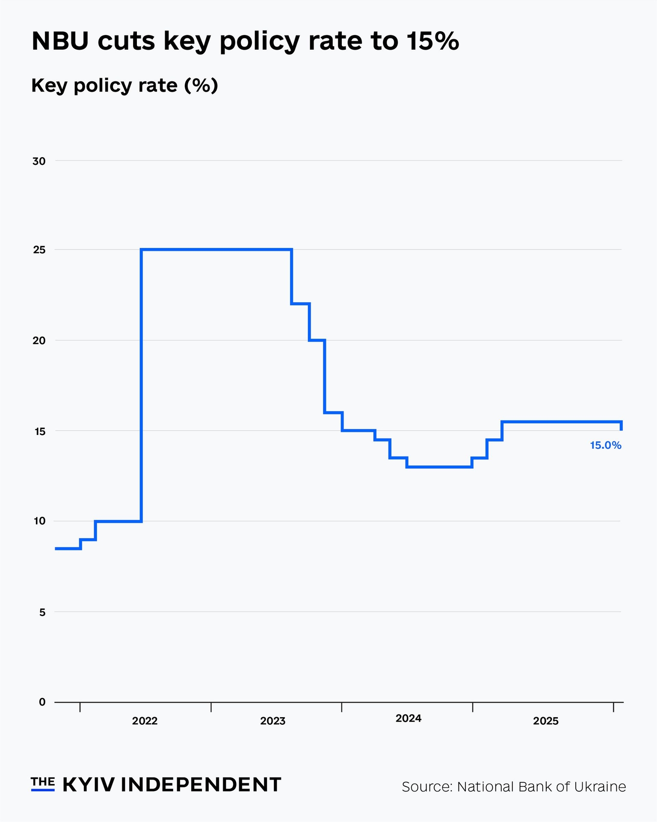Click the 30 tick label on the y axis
pos(39,161)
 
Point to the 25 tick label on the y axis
pos(39,250)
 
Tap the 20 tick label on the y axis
pos(39,341)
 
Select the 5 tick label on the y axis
pos(42,613)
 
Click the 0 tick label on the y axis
pos(42,702)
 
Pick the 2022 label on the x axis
pos(145,721)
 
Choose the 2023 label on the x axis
pos(272,721)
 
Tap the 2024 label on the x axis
pos(408,718)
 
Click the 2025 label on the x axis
pos(545,721)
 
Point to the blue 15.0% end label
pos(605,445)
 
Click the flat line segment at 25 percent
pos(216,249)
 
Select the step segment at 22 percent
pos(300,304)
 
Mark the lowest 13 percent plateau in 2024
pos(439,467)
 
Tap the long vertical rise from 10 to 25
pos(141,385)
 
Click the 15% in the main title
pos(432,42)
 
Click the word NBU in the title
pos(60,42)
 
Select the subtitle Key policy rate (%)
pos(124,85)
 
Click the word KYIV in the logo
pos(89,785)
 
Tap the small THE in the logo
pos(42,782)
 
